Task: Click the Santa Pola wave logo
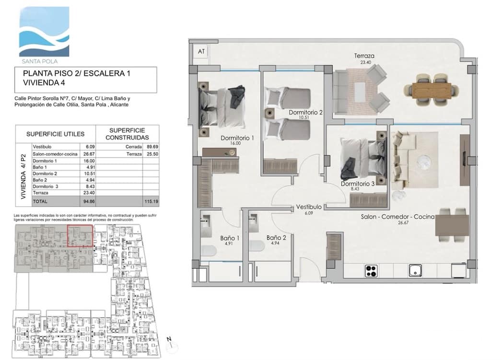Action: [44, 32]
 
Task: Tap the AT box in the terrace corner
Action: [200, 51]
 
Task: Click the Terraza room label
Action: [364, 56]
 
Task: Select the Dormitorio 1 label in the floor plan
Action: [237, 138]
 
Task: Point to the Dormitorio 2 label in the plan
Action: [305, 113]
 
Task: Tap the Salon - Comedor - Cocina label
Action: [397, 217]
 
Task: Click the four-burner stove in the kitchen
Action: [372, 271]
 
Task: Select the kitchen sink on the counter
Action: [415, 270]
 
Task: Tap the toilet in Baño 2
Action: [257, 246]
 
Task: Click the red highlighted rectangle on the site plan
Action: [80, 235]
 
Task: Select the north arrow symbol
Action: [169, 341]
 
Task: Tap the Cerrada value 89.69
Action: [150, 147]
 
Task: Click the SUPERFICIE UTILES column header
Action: [55, 134]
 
